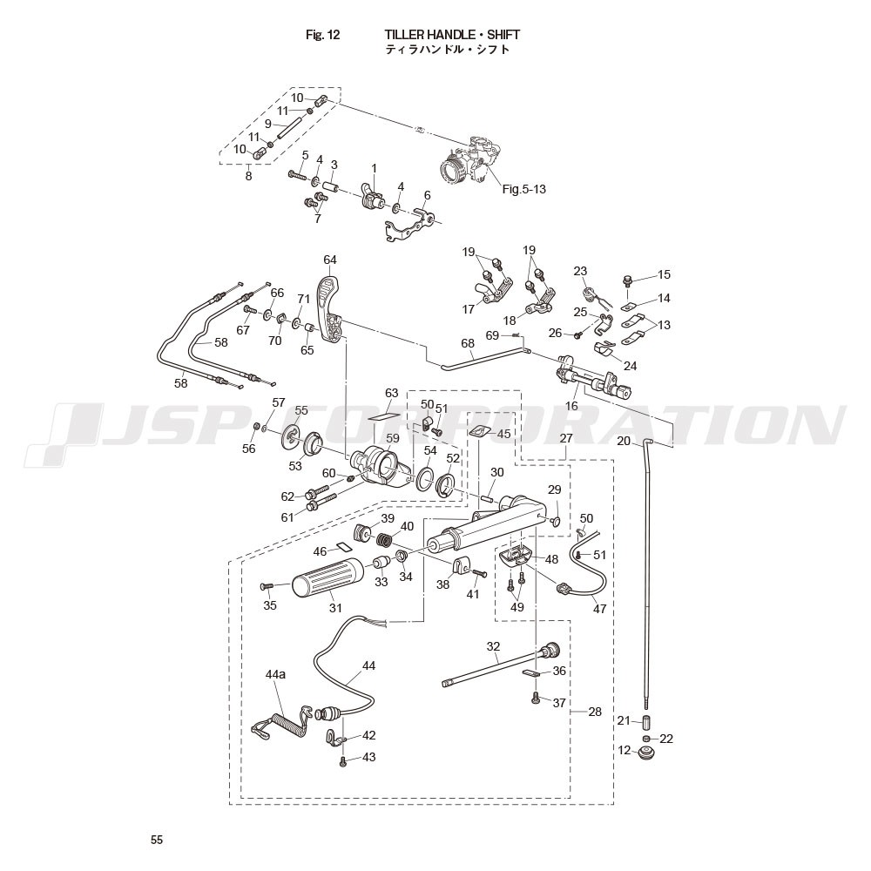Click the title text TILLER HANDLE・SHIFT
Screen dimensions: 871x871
click(x=452, y=35)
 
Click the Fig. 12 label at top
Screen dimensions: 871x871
click(x=322, y=35)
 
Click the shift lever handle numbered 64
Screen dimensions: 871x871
click(x=332, y=310)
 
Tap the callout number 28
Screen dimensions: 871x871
click(x=595, y=712)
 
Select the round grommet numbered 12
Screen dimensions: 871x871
click(x=648, y=752)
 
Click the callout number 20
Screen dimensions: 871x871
click(x=623, y=441)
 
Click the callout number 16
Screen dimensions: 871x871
click(x=571, y=406)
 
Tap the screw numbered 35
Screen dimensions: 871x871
click(x=268, y=587)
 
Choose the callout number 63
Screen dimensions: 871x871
click(x=391, y=393)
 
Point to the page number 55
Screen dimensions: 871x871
click(x=157, y=840)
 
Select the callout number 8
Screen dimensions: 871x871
click(x=248, y=176)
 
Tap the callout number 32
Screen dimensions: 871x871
click(x=494, y=646)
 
